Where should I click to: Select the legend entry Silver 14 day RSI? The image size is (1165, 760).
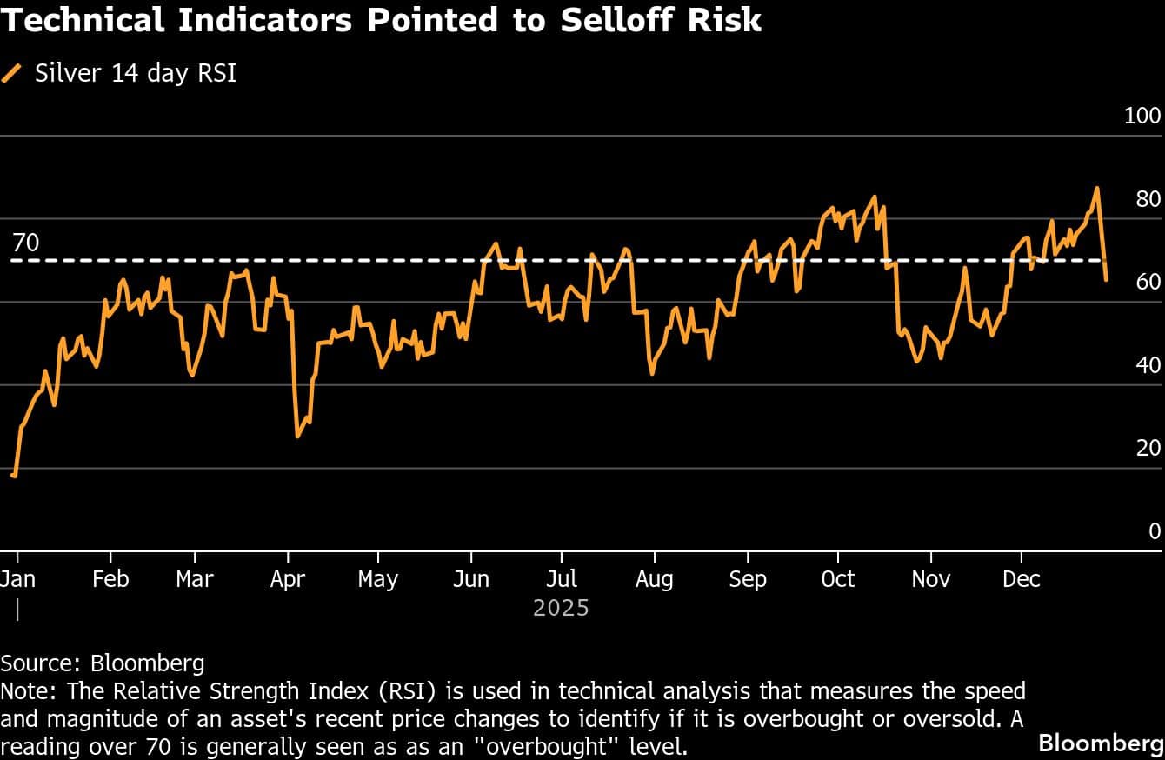[136, 73]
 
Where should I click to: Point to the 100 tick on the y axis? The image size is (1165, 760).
[1142, 117]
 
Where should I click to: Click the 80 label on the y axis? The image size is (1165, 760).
[1148, 199]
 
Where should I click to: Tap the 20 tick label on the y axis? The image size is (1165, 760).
[1148, 448]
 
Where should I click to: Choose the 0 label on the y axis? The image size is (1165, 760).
[1155, 531]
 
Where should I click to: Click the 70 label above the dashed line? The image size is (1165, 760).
[26, 243]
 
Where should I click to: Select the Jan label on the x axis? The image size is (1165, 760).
[17, 579]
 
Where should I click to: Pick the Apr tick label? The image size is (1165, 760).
[287, 579]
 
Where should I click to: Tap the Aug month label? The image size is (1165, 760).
[654, 579]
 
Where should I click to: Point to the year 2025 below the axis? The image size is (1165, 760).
[561, 608]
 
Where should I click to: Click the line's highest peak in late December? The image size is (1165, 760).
[1097, 188]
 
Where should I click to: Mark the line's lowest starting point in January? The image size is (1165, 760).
[14, 475]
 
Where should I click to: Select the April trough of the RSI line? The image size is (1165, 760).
[297, 436]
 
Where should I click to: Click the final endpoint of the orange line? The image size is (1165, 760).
[1107, 279]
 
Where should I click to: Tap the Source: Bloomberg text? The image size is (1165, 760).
[103, 663]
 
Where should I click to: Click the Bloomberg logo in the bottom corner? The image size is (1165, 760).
[1101, 743]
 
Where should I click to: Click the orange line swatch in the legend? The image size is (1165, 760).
[12, 73]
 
